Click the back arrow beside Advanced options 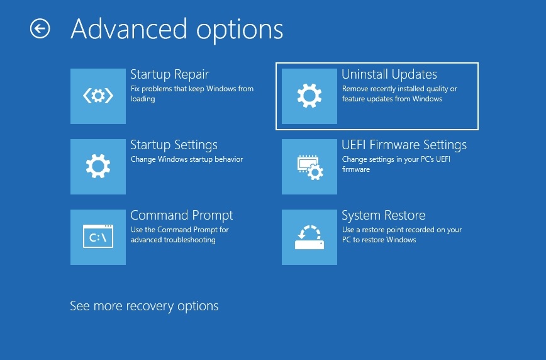[40, 28]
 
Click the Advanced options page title [177, 29]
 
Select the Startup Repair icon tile [98, 96]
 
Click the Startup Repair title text [169, 74]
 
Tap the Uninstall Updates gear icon [309, 96]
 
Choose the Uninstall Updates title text [389, 74]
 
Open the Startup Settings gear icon [98, 167]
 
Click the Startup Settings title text [174, 145]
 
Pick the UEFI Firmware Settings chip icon [309, 167]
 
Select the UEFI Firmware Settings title [404, 145]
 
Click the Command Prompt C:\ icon [98, 237]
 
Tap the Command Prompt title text [181, 215]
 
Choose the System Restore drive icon [309, 237]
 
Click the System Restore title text [383, 215]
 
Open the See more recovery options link [144, 307]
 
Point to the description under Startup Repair [192, 94]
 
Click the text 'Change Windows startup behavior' [186, 159]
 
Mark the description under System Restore [401, 235]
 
